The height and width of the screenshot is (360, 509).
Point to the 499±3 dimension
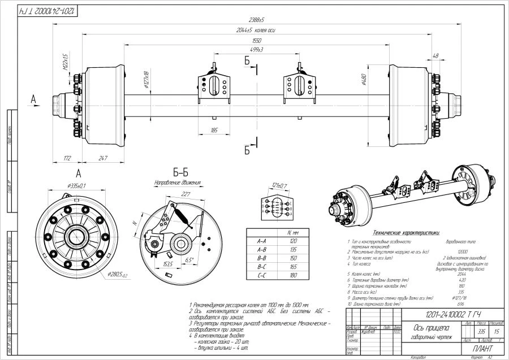tap(256, 50)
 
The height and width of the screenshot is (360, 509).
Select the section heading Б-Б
tap(180, 172)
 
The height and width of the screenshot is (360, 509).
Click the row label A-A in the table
tap(261, 240)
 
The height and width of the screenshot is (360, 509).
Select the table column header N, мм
tap(293, 232)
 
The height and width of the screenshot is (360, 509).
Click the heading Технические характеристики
tap(406, 232)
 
